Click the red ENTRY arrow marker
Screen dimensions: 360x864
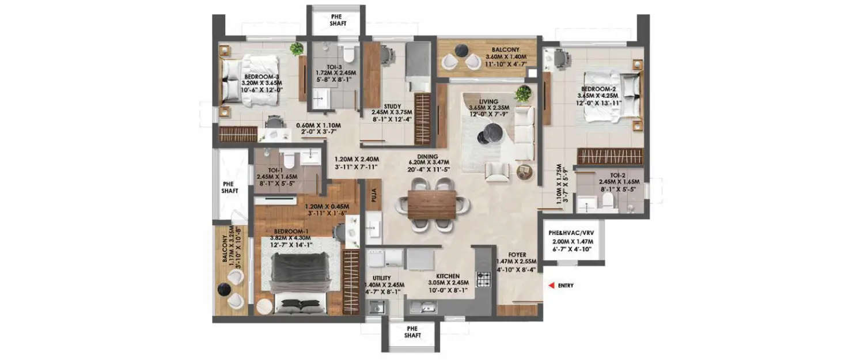tap(551, 285)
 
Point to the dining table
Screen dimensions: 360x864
tap(432, 204)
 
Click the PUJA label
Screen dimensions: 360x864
tap(374, 195)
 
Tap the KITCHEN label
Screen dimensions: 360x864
tap(447, 276)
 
